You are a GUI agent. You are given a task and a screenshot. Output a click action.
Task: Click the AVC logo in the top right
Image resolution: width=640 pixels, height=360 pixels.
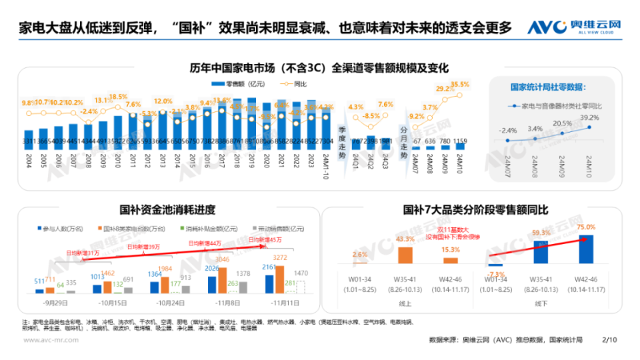click(575, 27)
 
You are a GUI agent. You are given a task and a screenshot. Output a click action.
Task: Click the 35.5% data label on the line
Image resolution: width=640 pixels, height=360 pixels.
click(460, 85)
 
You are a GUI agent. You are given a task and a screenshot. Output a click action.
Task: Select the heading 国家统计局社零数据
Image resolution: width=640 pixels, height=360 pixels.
click(548, 87)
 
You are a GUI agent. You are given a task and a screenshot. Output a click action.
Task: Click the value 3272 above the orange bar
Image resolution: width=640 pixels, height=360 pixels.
click(281, 257)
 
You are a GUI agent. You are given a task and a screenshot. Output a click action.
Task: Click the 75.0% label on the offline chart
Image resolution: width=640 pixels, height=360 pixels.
click(585, 227)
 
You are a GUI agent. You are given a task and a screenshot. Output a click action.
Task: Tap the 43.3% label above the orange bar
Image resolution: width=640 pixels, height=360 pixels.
click(405, 239)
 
